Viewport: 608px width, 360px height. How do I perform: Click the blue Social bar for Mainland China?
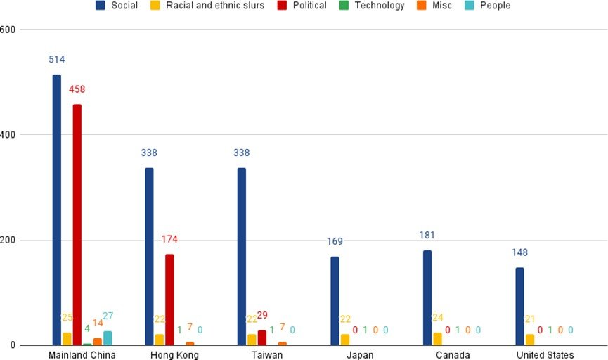(57, 211)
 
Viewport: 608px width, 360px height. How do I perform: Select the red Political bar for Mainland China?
(77, 225)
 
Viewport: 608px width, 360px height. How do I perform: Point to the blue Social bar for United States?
(519, 307)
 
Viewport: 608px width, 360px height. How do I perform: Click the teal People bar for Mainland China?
(108, 338)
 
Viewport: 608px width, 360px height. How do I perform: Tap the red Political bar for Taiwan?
(262, 337)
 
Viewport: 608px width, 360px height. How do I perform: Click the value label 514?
(57, 60)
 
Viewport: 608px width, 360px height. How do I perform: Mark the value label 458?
(77, 89)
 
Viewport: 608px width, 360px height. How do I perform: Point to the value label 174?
(169, 239)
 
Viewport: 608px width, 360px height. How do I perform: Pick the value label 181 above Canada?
(427, 235)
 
